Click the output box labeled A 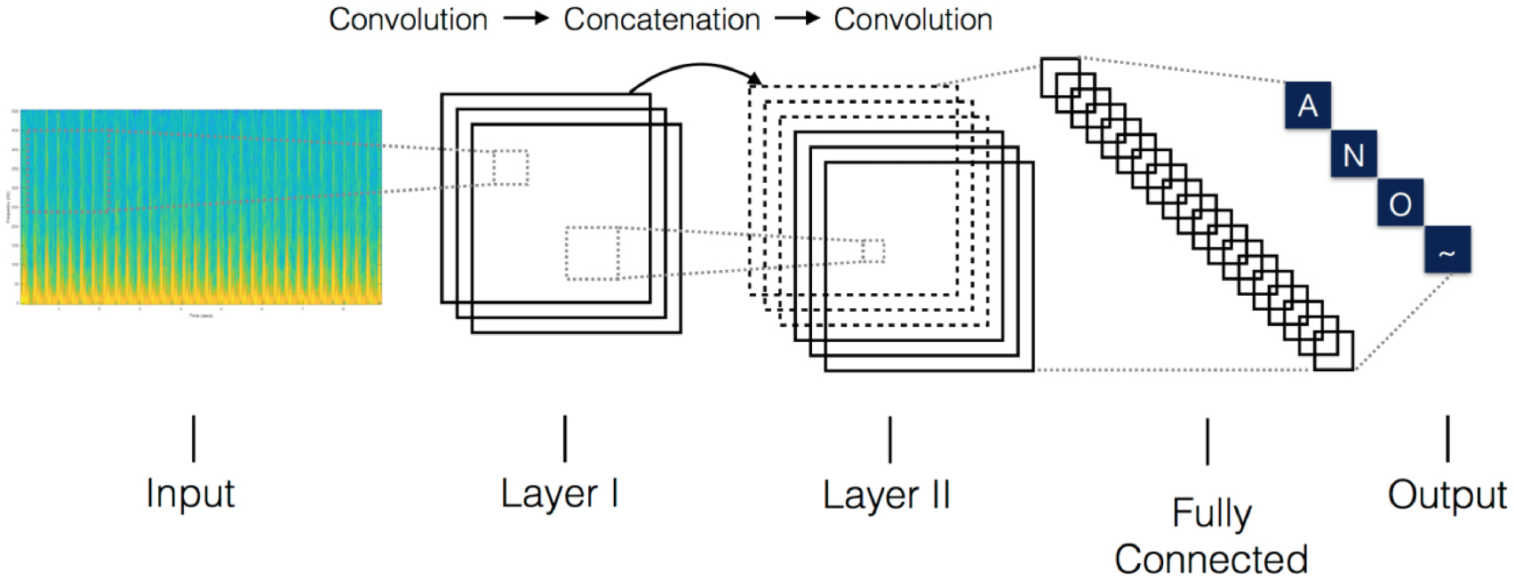(1307, 106)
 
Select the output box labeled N (1353, 155)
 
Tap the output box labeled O (1400, 203)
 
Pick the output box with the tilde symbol (1447, 250)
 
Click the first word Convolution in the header (408, 20)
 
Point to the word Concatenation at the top (662, 20)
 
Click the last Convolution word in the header (912, 20)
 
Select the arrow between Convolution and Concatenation (526, 18)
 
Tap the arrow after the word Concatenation (797, 18)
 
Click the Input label (190, 493)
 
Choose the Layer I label (559, 493)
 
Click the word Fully (1211, 513)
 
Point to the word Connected (1211, 560)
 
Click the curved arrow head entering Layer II (756, 81)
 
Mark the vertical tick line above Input (194, 438)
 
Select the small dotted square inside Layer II (873, 251)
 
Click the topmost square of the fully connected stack (1060, 76)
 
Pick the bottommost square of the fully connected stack (1334, 351)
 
